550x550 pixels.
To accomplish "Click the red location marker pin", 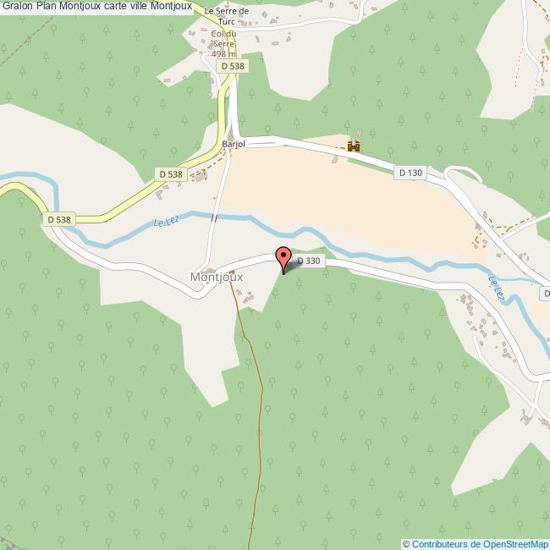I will [283, 256].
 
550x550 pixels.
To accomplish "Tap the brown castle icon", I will [353, 146].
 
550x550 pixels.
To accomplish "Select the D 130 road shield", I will [410, 172].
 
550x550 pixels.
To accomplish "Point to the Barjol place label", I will [233, 145].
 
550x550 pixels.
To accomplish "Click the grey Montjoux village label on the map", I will [217, 277].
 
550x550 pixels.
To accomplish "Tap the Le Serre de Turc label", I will [228, 16].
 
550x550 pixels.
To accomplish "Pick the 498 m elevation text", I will [224, 53].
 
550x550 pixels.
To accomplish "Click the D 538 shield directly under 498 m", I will [230, 66].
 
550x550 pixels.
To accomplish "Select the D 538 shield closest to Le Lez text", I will [170, 173].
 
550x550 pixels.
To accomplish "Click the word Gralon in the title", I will [18, 7].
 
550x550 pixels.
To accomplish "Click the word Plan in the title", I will [47, 7].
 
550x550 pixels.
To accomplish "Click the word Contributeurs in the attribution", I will [441, 544].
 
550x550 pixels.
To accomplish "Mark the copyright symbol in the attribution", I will [406, 544].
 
